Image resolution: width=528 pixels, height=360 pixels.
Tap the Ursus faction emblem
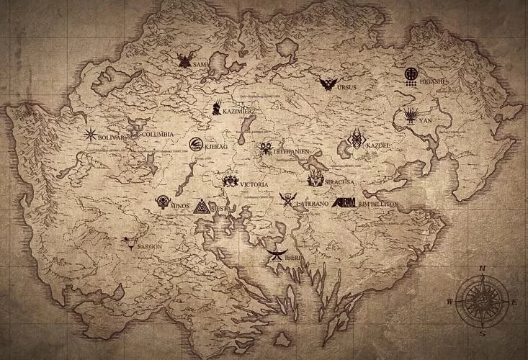pyautogui.click(x=328, y=84)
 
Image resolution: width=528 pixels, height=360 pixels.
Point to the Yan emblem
pyautogui.click(x=411, y=115)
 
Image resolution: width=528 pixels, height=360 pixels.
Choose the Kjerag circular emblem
pyautogui.click(x=195, y=144)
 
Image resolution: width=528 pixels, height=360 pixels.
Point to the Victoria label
pyautogui.click(x=254, y=184)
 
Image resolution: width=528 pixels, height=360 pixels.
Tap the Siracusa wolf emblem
pyautogui.click(x=315, y=179)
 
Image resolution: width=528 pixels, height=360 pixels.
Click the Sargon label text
pyautogui.click(x=149, y=246)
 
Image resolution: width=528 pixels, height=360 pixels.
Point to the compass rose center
pyautogui.click(x=481, y=300)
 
